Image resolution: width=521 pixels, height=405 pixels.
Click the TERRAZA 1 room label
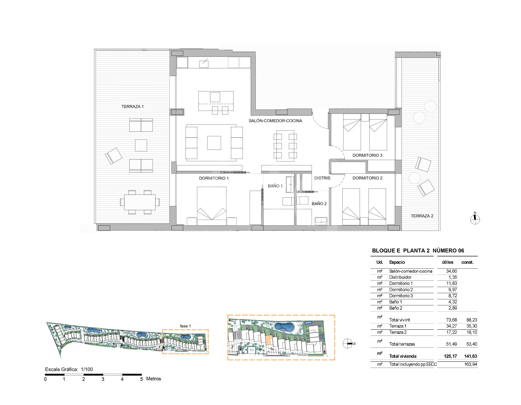tap(132, 107)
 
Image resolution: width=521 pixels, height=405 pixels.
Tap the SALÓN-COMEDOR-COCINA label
tap(275, 121)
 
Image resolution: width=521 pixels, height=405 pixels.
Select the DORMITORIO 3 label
tap(367, 155)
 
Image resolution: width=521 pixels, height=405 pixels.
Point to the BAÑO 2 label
tap(319, 204)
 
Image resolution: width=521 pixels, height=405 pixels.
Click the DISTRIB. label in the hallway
tap(323, 178)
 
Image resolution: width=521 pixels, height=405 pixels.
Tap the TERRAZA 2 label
tap(422, 216)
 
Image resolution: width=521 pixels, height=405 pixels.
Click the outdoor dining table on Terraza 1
tap(140, 202)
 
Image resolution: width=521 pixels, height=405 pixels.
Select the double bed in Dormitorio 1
tap(212, 206)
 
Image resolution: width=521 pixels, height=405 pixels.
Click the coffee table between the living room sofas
tap(214, 143)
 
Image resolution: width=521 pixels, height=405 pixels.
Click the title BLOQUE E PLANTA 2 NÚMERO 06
tap(418, 251)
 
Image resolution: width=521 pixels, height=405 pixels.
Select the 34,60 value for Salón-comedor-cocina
tap(451, 271)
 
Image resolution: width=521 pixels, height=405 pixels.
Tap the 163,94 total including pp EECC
tap(471, 364)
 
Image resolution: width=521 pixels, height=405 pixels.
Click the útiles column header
tap(447, 262)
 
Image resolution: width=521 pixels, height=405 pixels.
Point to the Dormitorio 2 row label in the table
tap(401, 290)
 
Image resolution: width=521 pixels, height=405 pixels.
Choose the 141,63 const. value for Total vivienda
tap(471, 356)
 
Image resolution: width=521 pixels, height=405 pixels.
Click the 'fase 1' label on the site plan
tap(185, 326)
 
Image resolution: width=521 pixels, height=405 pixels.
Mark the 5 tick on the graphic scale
tap(141, 379)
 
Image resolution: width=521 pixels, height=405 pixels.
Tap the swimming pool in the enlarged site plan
tap(284, 327)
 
